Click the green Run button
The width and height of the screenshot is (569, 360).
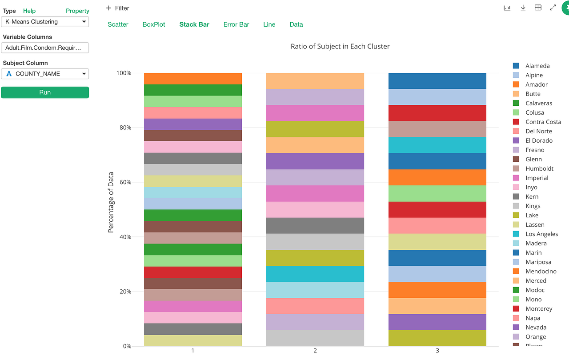coord(45,92)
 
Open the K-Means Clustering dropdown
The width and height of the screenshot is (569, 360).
coord(45,22)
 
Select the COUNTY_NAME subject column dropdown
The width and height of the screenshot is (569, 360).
coord(45,74)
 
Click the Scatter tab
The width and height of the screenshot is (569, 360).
coord(118,24)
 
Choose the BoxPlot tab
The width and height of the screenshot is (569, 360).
coord(154,24)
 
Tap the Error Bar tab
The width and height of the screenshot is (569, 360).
coord(236,24)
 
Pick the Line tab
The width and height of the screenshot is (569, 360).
coord(269,24)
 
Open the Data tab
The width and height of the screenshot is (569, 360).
coord(296,24)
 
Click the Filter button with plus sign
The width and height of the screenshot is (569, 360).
coord(117,8)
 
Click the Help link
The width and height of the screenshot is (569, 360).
coord(29,11)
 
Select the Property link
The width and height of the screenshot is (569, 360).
coord(77,11)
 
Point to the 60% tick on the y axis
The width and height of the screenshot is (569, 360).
coord(124,182)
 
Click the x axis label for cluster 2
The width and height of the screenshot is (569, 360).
coord(315,351)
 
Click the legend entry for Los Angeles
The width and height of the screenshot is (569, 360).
coord(541,234)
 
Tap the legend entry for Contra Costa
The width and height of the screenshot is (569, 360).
coord(543,122)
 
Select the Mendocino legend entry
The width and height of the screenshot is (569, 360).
coord(541,272)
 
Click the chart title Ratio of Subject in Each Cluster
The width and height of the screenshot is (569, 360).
coord(340,46)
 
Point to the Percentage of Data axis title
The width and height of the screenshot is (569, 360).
coord(111,202)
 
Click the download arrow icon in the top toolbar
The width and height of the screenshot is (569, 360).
coord(523,8)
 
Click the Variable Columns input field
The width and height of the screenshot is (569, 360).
coord(45,48)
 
